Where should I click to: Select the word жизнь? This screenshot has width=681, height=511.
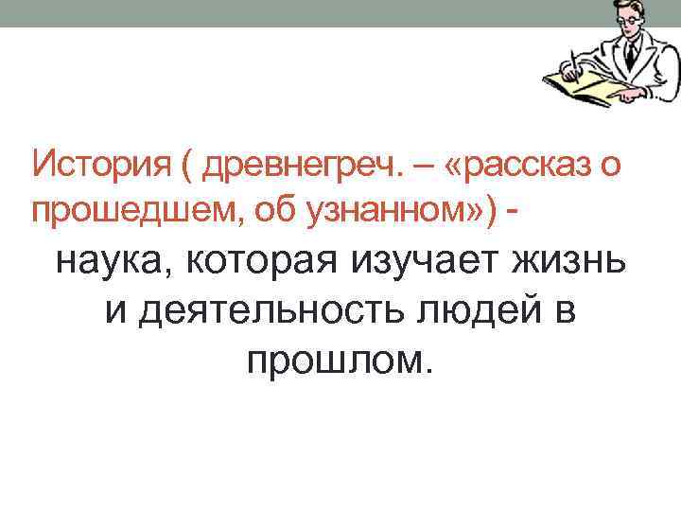576,258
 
